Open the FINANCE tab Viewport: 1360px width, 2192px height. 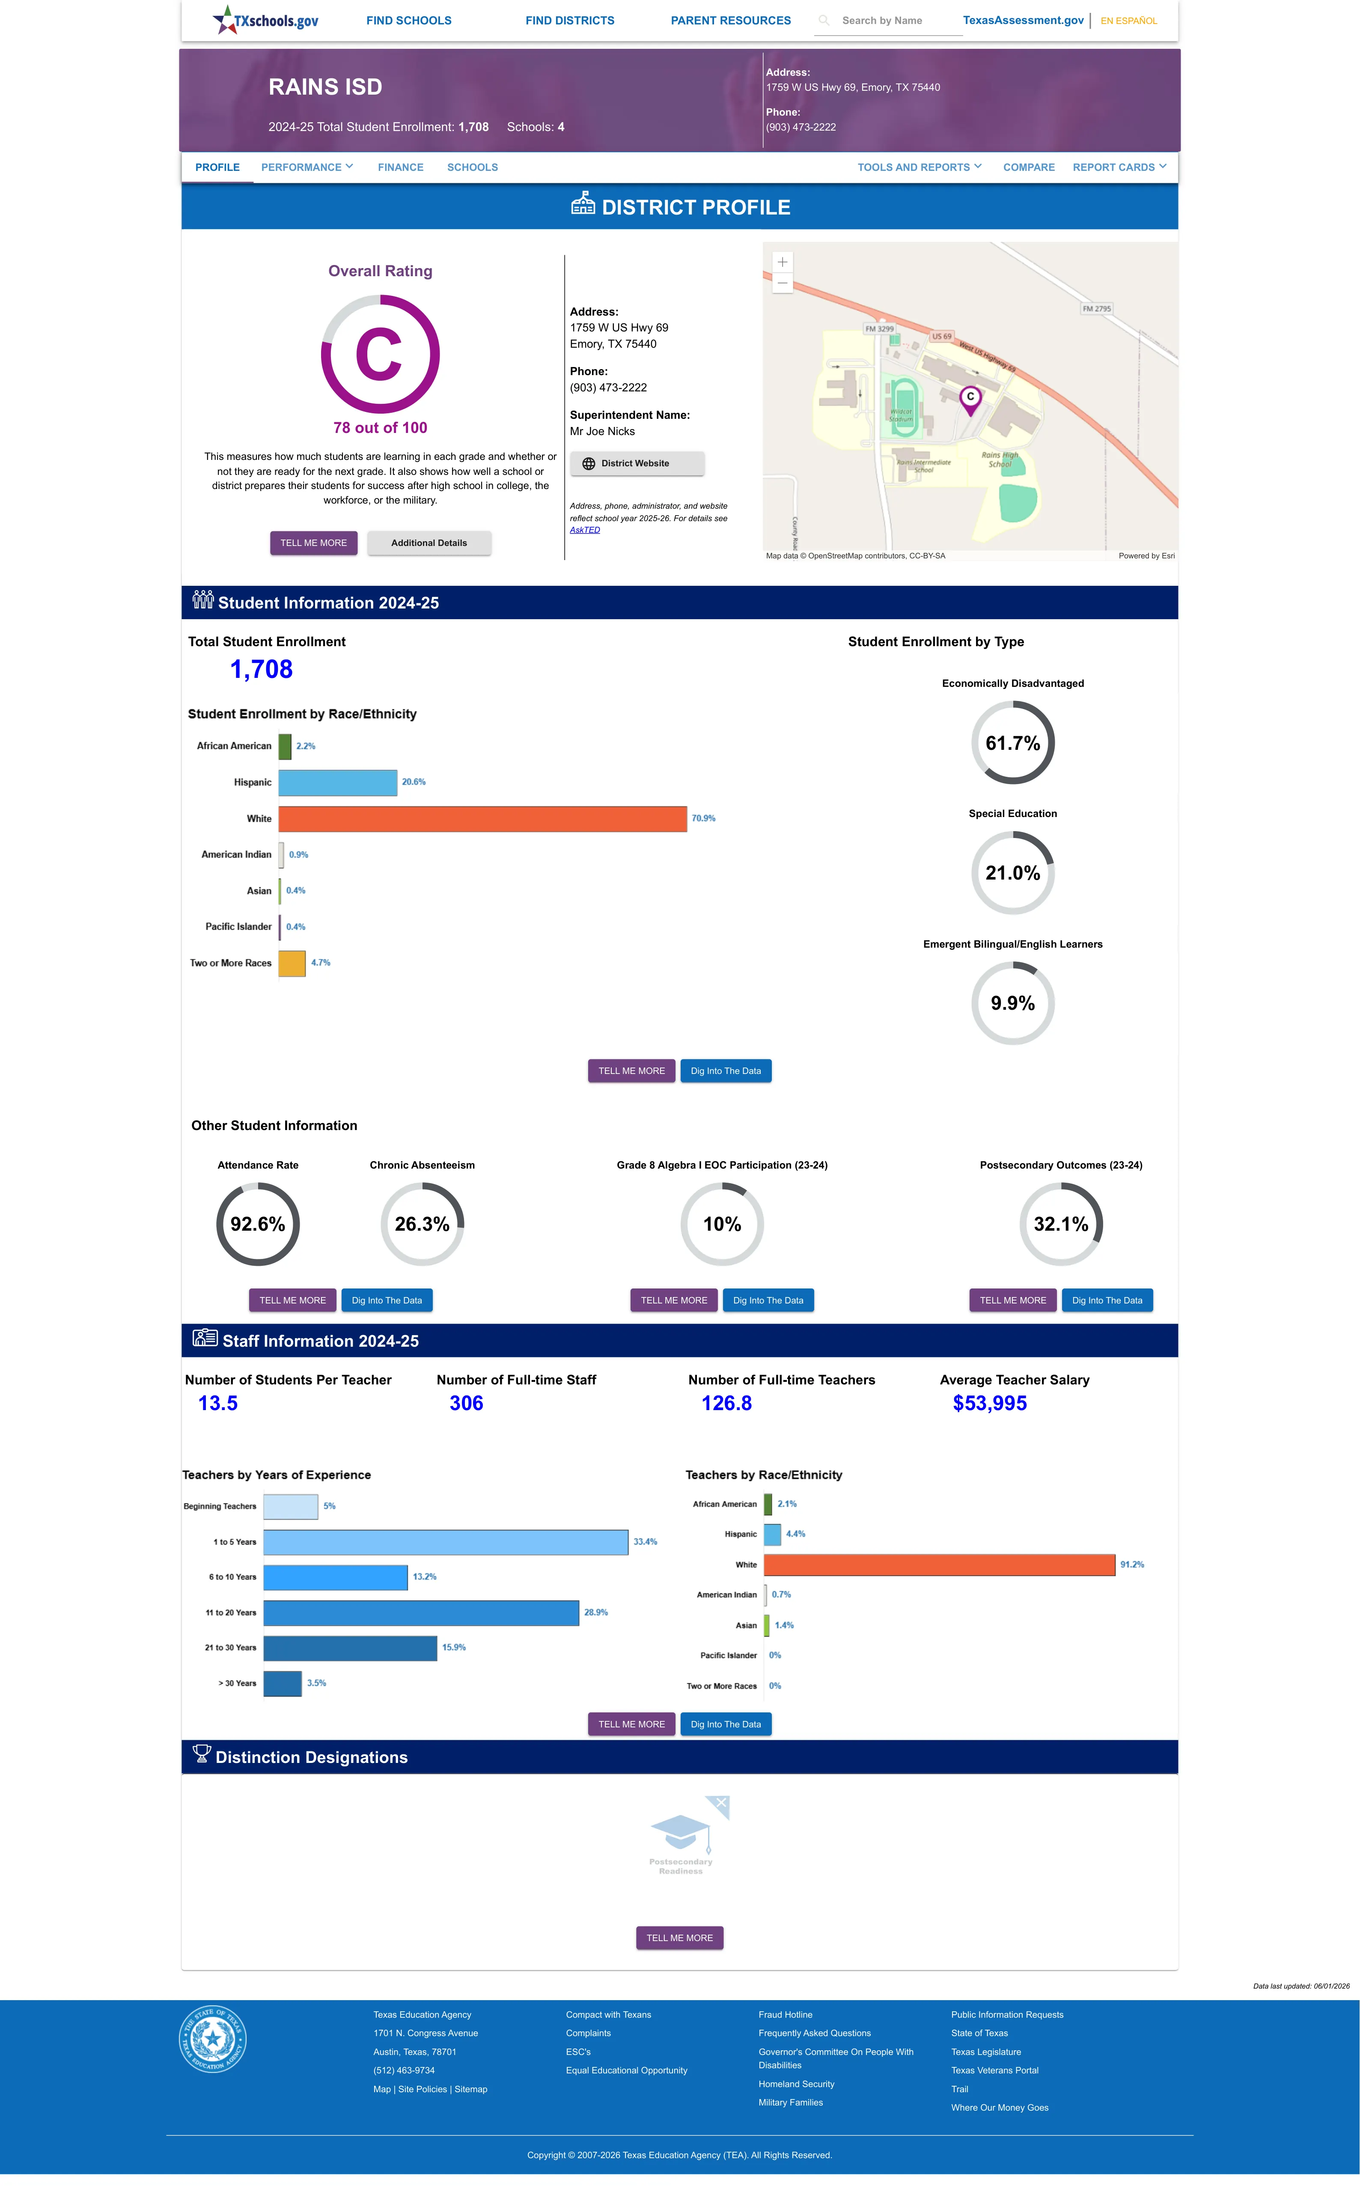pos(400,167)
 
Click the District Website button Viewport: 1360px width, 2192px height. pos(637,463)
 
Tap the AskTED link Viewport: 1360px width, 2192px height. pos(585,530)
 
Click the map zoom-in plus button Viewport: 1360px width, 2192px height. pos(783,262)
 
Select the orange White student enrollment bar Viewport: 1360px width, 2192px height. pos(483,818)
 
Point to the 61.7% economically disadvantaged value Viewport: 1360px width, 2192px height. pos(1013,743)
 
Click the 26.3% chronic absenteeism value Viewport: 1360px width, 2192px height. pos(422,1224)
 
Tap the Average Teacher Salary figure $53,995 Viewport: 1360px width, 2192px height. pos(989,1403)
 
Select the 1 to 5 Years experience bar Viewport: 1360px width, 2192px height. pos(446,1542)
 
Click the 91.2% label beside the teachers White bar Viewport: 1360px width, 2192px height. pos(1132,1565)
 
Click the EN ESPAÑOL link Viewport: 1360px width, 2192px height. pos(1129,21)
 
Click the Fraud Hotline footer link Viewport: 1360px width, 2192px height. pos(785,2015)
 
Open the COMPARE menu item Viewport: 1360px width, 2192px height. pos(1029,167)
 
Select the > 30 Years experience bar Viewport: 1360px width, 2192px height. pos(283,1683)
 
